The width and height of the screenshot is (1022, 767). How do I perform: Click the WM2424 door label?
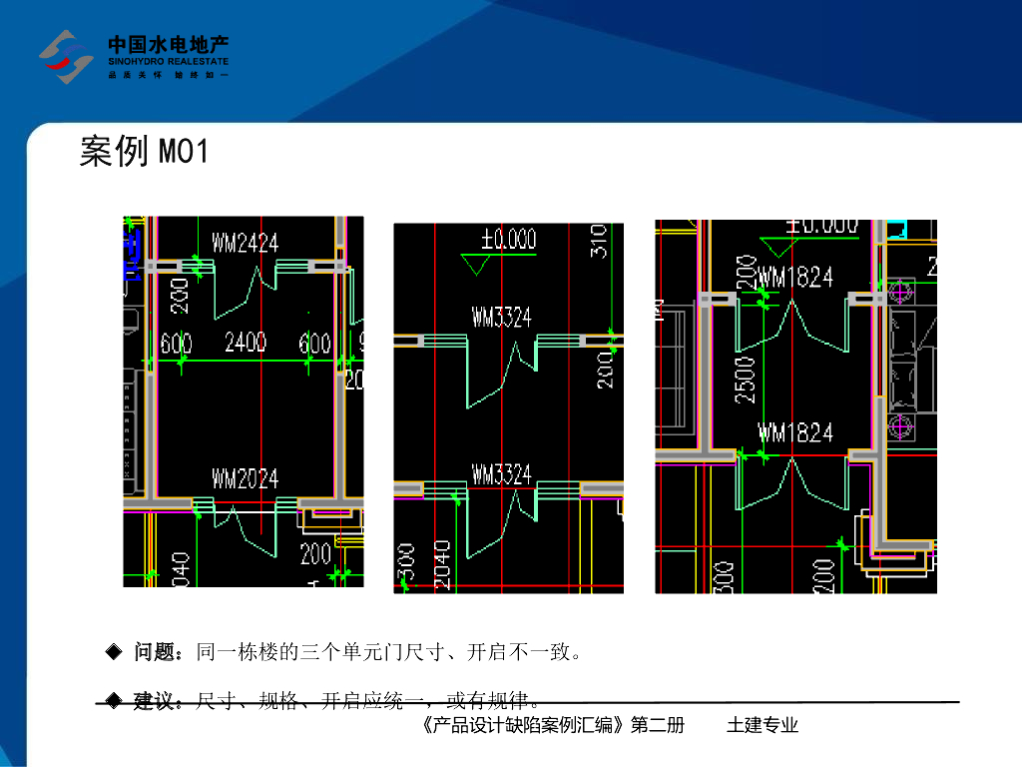click(x=245, y=243)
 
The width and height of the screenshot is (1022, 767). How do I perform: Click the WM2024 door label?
click(x=245, y=479)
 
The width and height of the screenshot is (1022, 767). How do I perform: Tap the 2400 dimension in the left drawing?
click(x=245, y=344)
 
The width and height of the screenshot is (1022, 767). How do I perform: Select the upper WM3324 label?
click(x=502, y=319)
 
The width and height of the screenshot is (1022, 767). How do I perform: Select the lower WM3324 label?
click(x=502, y=474)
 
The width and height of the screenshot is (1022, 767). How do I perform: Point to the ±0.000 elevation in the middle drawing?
click(x=508, y=240)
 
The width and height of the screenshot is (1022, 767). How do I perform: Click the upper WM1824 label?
click(x=795, y=277)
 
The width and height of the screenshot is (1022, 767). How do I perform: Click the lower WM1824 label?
click(x=795, y=432)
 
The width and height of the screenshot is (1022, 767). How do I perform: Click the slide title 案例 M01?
click(x=144, y=152)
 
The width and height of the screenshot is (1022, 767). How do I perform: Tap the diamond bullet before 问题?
click(x=114, y=653)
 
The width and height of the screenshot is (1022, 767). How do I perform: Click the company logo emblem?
click(x=66, y=57)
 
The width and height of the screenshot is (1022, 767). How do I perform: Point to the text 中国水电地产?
click(x=169, y=45)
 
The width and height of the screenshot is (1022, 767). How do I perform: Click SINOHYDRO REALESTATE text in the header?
click(x=169, y=62)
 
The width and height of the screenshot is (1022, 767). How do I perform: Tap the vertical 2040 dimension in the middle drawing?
click(x=441, y=565)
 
